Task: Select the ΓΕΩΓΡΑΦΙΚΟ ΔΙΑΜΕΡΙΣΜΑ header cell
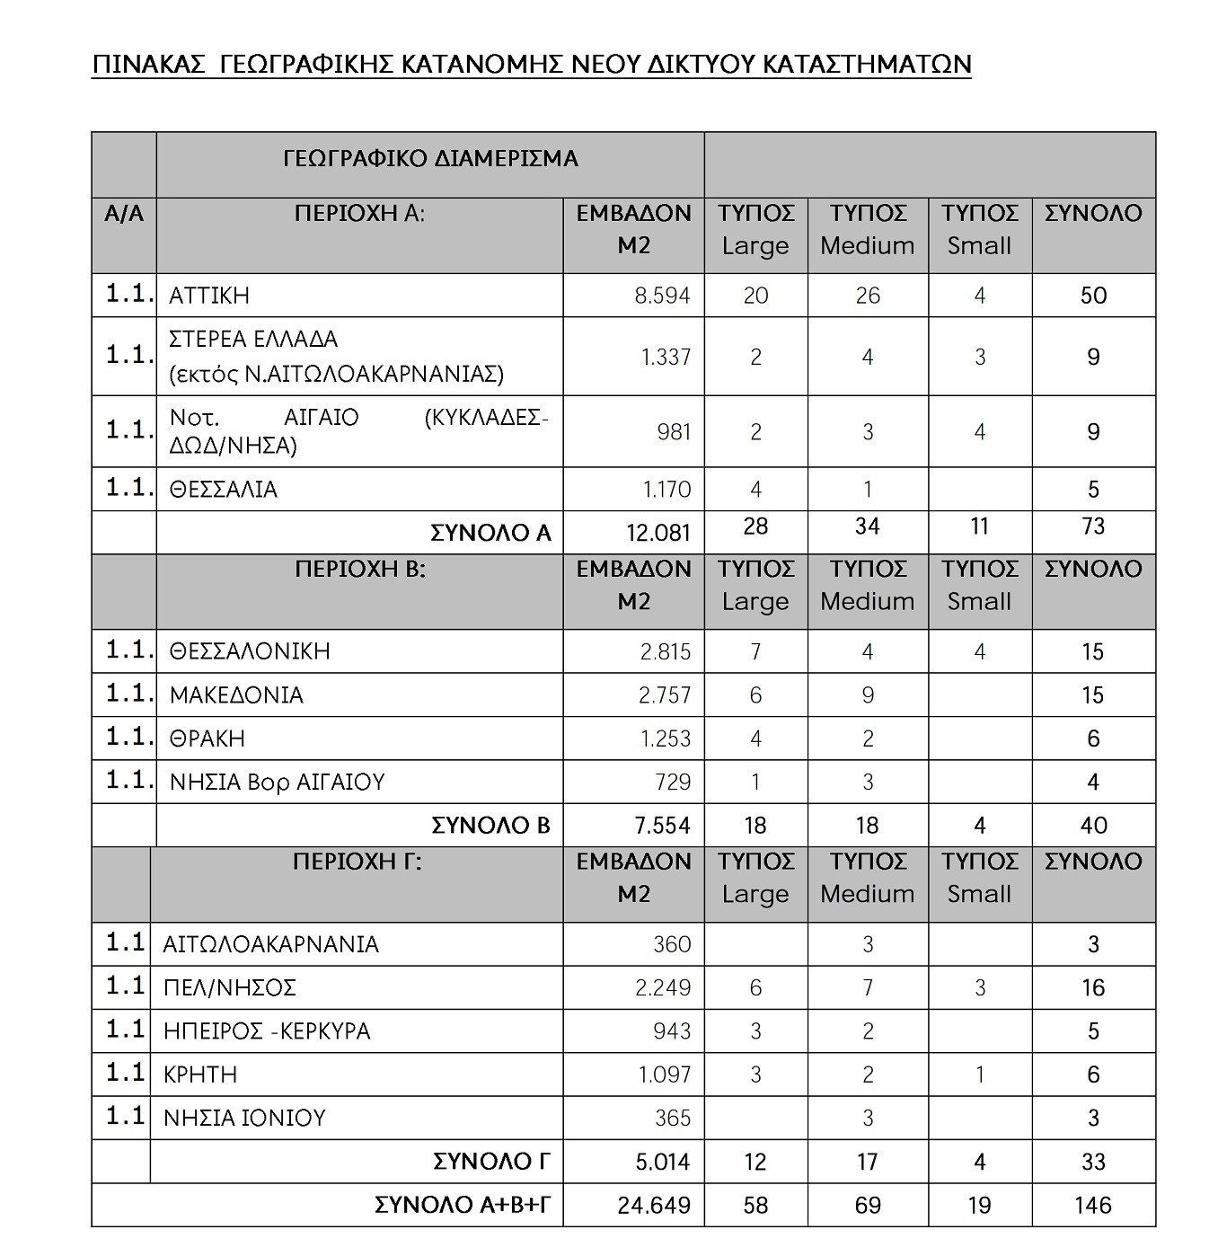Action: click(430, 159)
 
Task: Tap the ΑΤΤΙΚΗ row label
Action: click(209, 296)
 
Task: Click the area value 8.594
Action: click(662, 296)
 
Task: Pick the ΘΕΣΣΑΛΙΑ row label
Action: click(224, 490)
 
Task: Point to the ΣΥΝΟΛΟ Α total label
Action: click(490, 533)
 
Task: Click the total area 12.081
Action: click(658, 533)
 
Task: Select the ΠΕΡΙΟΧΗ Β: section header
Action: click(359, 570)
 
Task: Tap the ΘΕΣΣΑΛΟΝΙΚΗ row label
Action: click(250, 651)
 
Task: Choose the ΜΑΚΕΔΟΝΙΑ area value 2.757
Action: click(665, 695)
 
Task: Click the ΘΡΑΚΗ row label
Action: click(207, 739)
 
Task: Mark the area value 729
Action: click(673, 782)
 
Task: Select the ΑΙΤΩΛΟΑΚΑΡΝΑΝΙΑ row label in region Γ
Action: click(270, 944)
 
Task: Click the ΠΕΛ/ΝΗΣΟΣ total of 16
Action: click(1093, 988)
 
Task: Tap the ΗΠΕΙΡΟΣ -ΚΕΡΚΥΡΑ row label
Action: click(267, 1031)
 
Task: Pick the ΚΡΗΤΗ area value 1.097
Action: click(665, 1075)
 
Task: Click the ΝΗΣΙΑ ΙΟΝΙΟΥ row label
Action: click(244, 1119)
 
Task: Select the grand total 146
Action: click(1092, 1206)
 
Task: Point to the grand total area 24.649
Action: click(654, 1206)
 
